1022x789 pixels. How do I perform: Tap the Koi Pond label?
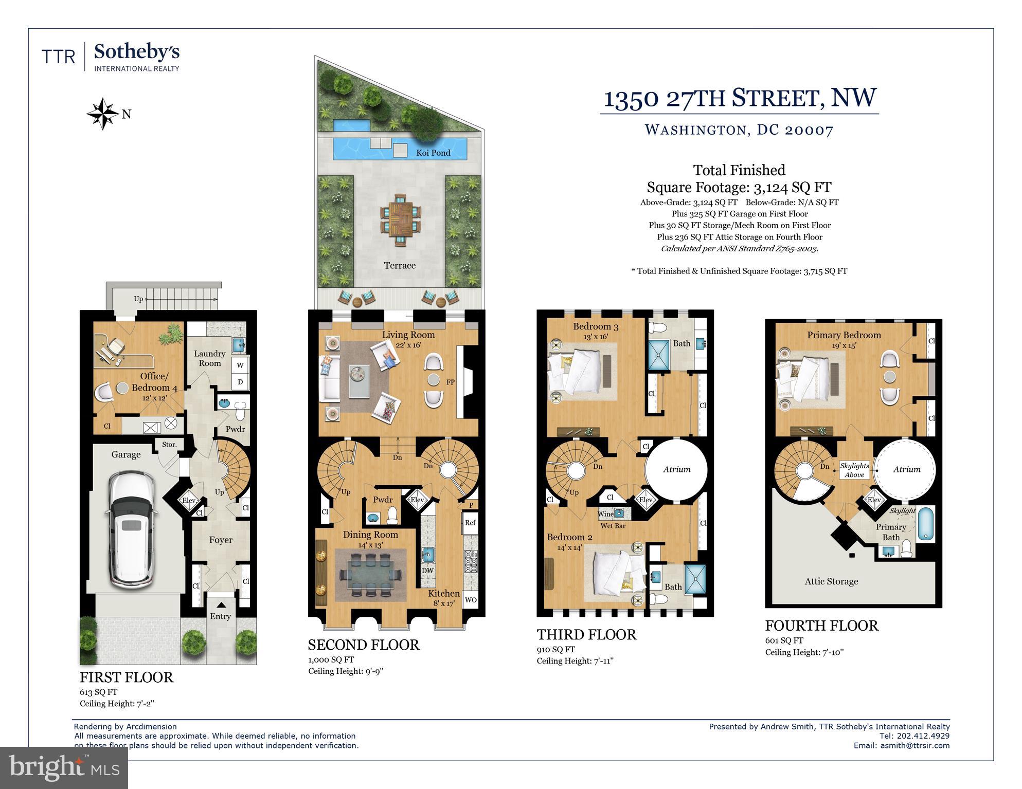(x=433, y=153)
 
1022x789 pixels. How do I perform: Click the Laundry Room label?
(x=209, y=358)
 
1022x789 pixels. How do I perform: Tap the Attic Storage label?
(x=831, y=581)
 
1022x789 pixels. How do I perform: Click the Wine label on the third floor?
(x=605, y=514)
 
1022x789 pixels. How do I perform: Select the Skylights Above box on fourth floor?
(x=854, y=470)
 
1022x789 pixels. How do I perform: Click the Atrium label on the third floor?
(x=676, y=469)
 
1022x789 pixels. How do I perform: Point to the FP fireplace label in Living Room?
(x=451, y=382)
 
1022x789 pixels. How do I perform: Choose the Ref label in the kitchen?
(x=470, y=523)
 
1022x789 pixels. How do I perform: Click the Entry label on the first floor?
(x=220, y=616)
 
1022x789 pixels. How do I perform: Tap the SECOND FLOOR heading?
(x=364, y=645)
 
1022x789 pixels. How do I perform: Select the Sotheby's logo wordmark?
(x=136, y=52)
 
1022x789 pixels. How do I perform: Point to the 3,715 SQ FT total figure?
(x=825, y=271)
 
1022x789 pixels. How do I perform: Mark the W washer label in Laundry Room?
(x=240, y=365)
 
